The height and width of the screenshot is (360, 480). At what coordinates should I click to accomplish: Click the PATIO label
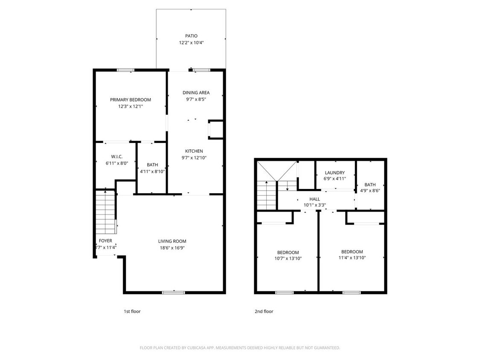click(191, 36)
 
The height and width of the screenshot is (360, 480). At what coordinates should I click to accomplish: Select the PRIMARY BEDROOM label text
click(131, 100)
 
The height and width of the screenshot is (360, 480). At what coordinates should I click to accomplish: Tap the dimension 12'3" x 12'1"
click(131, 107)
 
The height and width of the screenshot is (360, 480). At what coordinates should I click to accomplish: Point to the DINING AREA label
click(196, 93)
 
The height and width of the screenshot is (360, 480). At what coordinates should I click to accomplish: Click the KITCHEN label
click(194, 151)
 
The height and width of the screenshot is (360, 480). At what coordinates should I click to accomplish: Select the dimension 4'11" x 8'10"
click(152, 171)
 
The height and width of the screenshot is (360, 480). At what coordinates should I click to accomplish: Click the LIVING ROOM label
click(172, 241)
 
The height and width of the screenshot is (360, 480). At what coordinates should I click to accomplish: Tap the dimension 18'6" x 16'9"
click(172, 248)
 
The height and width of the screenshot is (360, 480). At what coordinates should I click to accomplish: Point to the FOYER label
click(105, 241)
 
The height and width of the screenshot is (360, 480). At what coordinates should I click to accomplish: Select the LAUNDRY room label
click(335, 173)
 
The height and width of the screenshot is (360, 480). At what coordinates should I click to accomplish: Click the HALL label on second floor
click(314, 199)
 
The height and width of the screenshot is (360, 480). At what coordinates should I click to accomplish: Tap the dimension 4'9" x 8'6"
click(370, 191)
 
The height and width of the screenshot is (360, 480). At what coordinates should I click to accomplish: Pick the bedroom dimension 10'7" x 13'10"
click(288, 258)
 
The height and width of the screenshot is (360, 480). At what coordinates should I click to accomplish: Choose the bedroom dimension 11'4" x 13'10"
click(352, 258)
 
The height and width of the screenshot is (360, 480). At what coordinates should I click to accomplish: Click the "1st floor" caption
click(132, 311)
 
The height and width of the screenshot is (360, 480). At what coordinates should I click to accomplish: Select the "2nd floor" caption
click(264, 311)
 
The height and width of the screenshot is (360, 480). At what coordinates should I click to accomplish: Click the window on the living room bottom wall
click(173, 293)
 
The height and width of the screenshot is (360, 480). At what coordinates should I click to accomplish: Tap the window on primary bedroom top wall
click(126, 70)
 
